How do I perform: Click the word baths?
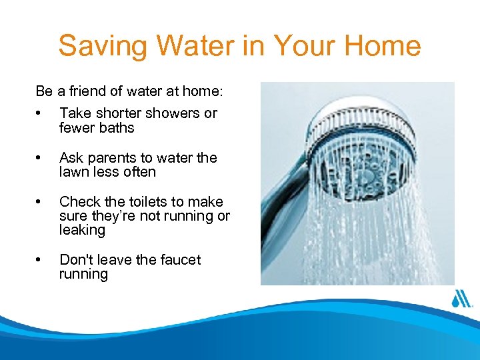point(117,127)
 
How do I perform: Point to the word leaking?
point(82,230)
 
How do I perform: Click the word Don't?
point(74,259)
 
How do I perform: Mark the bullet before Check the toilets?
point(41,202)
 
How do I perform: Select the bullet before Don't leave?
point(41,260)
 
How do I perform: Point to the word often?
point(140,172)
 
